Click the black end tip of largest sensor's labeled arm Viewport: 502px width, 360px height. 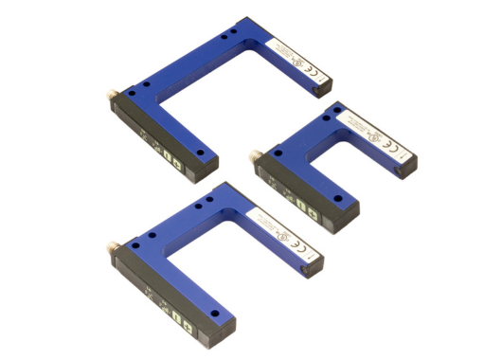[322, 89]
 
